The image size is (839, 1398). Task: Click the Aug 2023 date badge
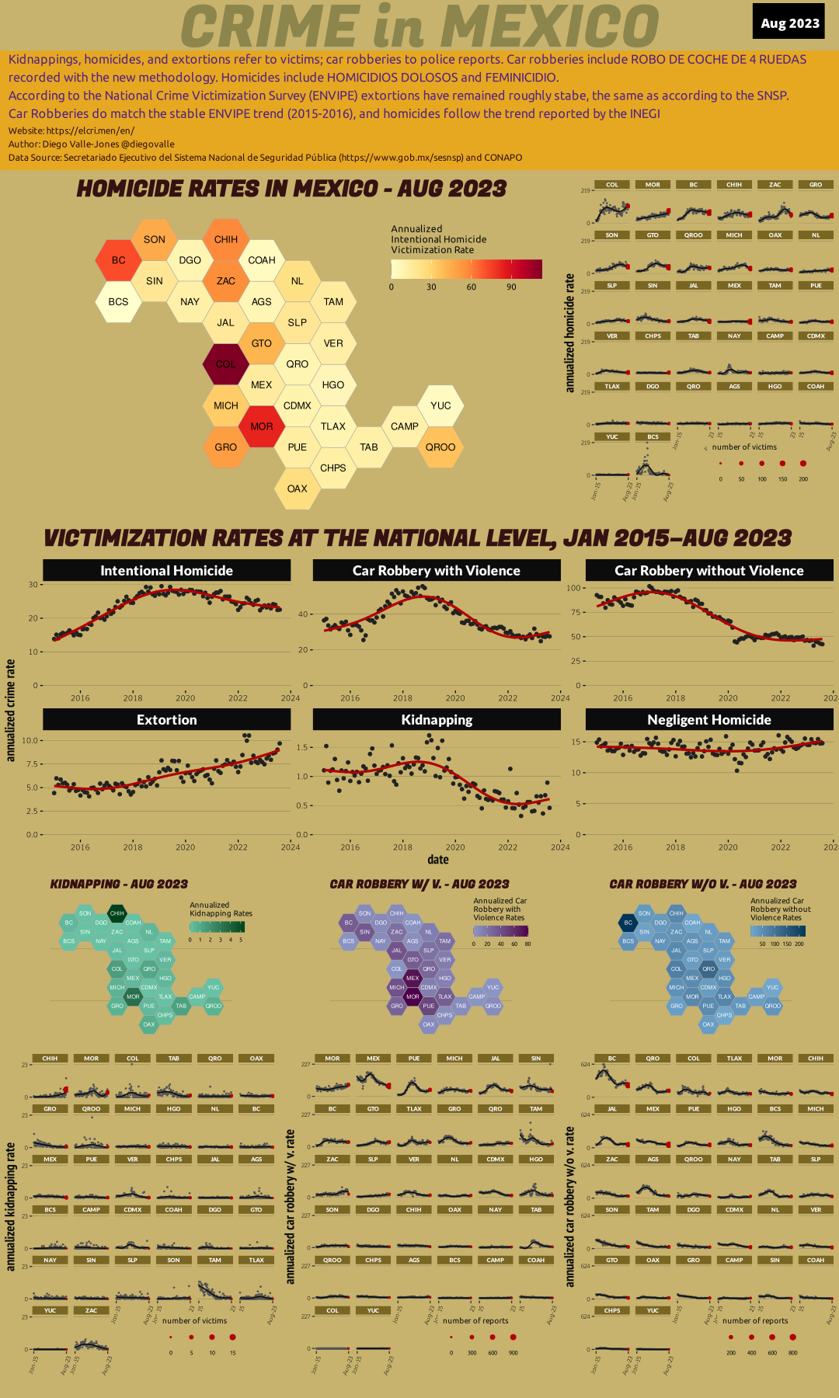point(789,23)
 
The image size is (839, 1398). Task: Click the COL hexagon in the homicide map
point(225,364)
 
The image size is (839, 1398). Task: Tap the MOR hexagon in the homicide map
point(262,426)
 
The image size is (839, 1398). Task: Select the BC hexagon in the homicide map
point(118,260)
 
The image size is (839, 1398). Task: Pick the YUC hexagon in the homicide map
point(440,405)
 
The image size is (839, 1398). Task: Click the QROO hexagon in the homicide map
point(440,447)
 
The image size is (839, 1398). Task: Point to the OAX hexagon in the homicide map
point(297,489)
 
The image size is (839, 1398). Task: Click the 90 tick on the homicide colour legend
point(511,287)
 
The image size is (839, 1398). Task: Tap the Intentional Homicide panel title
point(166,570)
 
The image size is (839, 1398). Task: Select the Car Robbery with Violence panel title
point(437,570)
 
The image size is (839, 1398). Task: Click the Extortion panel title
point(166,719)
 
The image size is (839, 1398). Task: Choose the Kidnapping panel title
point(437,719)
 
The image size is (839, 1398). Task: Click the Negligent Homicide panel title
point(709,719)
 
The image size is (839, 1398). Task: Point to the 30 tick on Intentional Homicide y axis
point(33,585)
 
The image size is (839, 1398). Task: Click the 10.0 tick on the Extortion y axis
point(30,740)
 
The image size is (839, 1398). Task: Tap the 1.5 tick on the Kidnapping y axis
point(303,747)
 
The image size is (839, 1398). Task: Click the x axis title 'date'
point(438,859)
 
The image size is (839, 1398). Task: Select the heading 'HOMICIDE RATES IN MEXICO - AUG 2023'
point(291,189)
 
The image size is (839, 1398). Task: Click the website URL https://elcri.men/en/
point(90,130)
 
